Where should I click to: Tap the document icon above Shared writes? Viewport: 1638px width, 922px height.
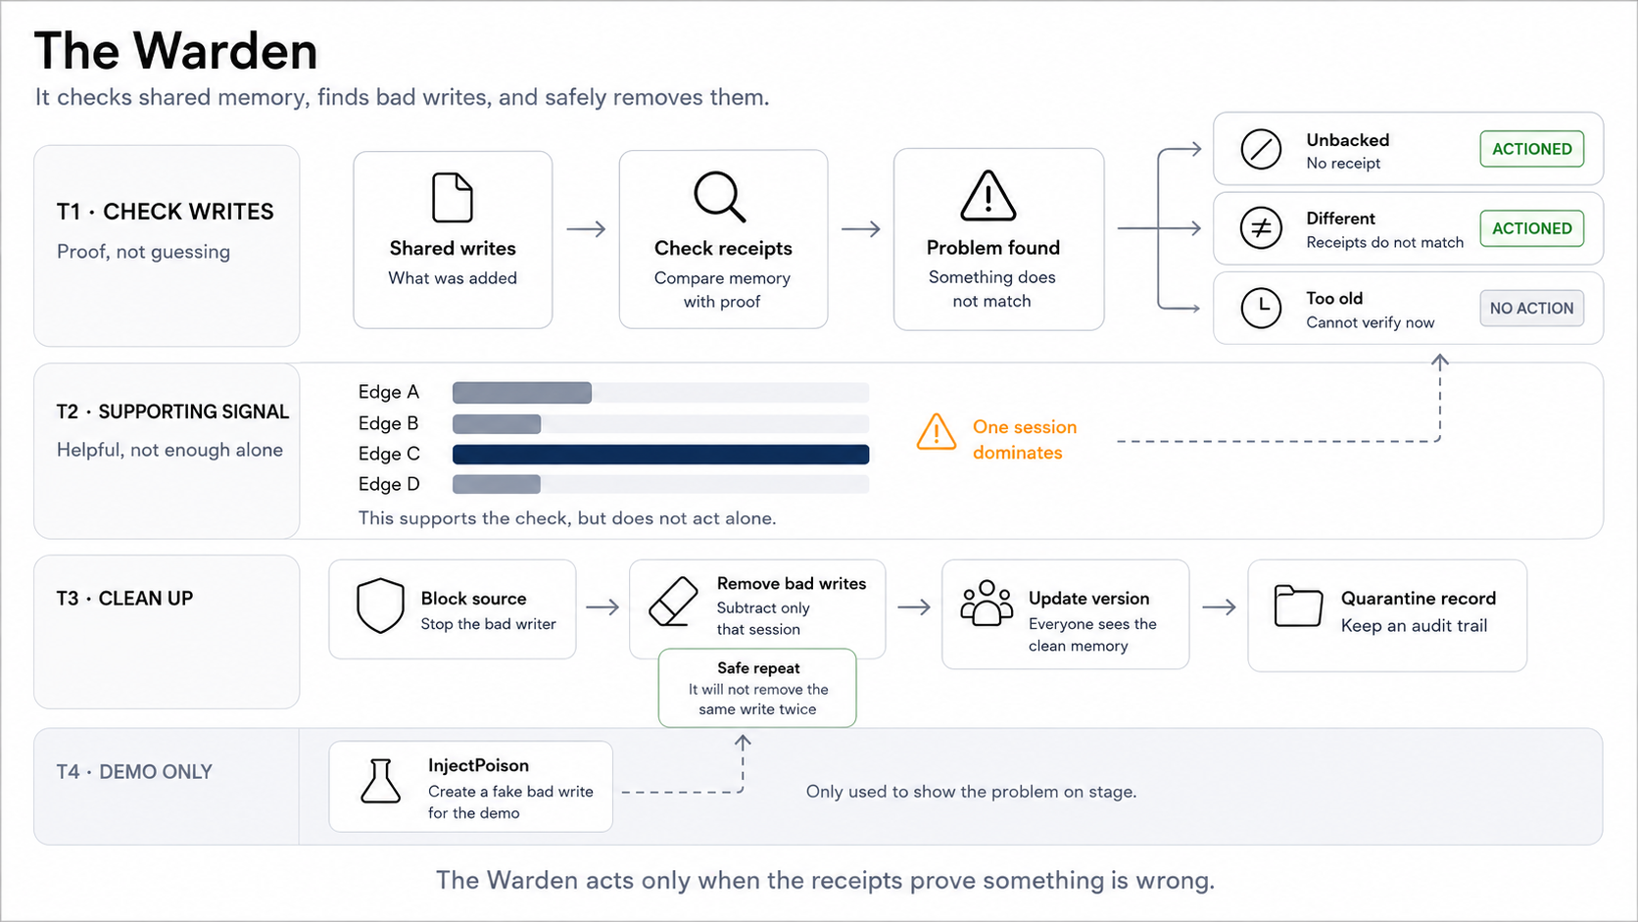click(x=452, y=197)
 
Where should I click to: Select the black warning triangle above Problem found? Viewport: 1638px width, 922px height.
click(x=988, y=196)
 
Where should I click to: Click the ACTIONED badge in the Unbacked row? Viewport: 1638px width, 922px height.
click(x=1532, y=149)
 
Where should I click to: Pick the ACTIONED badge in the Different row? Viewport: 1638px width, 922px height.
click(x=1532, y=228)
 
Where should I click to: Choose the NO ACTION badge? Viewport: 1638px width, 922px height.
click(x=1532, y=308)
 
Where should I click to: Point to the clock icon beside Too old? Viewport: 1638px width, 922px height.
click(x=1261, y=308)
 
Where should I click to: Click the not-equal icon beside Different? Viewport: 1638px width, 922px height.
click(x=1261, y=228)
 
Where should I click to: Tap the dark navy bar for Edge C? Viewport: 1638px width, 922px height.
click(x=661, y=454)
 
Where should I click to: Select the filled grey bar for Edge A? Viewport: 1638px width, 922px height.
click(x=522, y=393)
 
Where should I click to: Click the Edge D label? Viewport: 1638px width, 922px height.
click(x=389, y=484)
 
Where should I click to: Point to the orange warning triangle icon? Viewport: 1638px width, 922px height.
click(x=936, y=432)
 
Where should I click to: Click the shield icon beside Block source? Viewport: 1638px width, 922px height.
click(x=380, y=607)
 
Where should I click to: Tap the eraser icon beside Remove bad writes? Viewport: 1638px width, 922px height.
click(x=673, y=602)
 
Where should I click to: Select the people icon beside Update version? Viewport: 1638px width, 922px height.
click(x=987, y=604)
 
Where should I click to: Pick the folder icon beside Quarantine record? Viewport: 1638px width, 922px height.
click(x=1298, y=606)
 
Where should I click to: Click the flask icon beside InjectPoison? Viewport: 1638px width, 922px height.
click(x=380, y=782)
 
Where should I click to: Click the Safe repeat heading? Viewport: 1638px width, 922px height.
click(x=758, y=667)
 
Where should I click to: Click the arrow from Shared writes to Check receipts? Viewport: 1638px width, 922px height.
click(x=586, y=229)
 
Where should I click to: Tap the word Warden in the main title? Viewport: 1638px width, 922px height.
click(x=225, y=51)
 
